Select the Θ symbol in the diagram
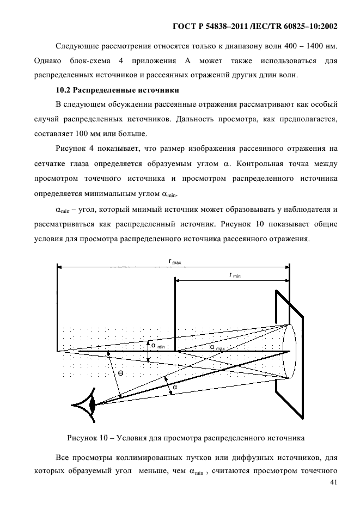120,373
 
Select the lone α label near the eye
175,388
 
